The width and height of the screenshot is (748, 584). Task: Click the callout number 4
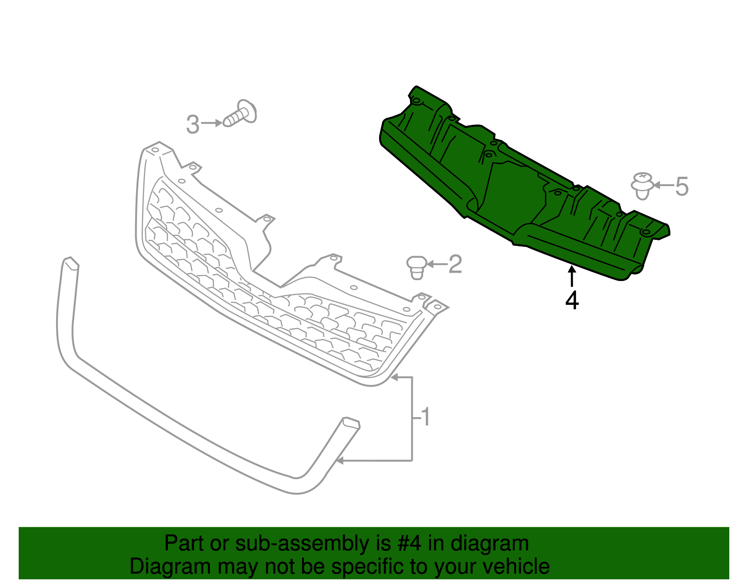572,300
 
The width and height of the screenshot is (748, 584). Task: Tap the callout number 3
193,124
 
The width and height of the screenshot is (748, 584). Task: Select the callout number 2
455,264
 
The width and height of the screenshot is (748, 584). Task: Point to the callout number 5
682,186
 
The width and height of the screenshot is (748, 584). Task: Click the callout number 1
424,417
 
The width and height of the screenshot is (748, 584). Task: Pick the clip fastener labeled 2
417,267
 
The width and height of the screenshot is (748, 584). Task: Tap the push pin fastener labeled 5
643,185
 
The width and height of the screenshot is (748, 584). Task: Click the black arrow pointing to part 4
571,276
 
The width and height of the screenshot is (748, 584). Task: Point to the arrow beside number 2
437,265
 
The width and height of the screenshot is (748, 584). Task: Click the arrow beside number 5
663,185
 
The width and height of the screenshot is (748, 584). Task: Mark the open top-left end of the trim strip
71,263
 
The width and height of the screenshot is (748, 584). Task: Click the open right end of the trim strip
352,423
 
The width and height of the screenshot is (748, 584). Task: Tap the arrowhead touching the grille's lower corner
394,377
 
